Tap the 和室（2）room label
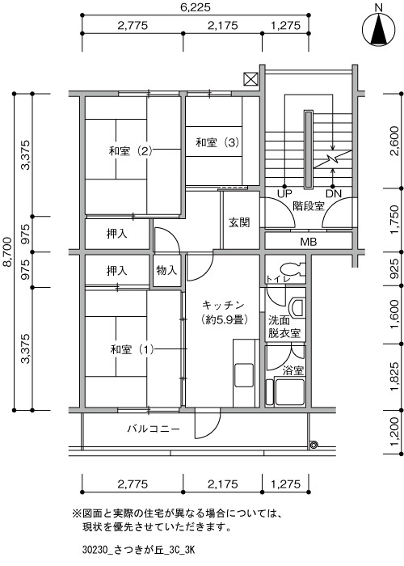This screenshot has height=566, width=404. tap(131, 150)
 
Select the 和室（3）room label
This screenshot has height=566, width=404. tap(217, 142)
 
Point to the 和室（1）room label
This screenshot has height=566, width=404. tap(132, 349)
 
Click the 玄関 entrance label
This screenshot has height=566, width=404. tap(239, 222)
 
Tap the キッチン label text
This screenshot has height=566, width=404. tap(223, 305)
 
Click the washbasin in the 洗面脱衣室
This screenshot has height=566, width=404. tap(297, 307)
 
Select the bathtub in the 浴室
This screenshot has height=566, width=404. tap(289, 391)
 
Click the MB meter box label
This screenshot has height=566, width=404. tap(309, 242)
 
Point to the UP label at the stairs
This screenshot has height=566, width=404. tap(284, 194)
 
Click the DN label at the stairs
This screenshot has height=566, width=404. tap(333, 194)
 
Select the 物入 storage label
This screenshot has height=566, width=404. tap(166, 269)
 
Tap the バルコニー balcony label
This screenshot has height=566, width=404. tap(154, 429)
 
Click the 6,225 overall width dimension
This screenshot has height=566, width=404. tap(196, 7)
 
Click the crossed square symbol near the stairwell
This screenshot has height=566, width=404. tap(250, 79)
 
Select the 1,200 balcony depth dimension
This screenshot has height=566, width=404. tap(395, 432)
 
